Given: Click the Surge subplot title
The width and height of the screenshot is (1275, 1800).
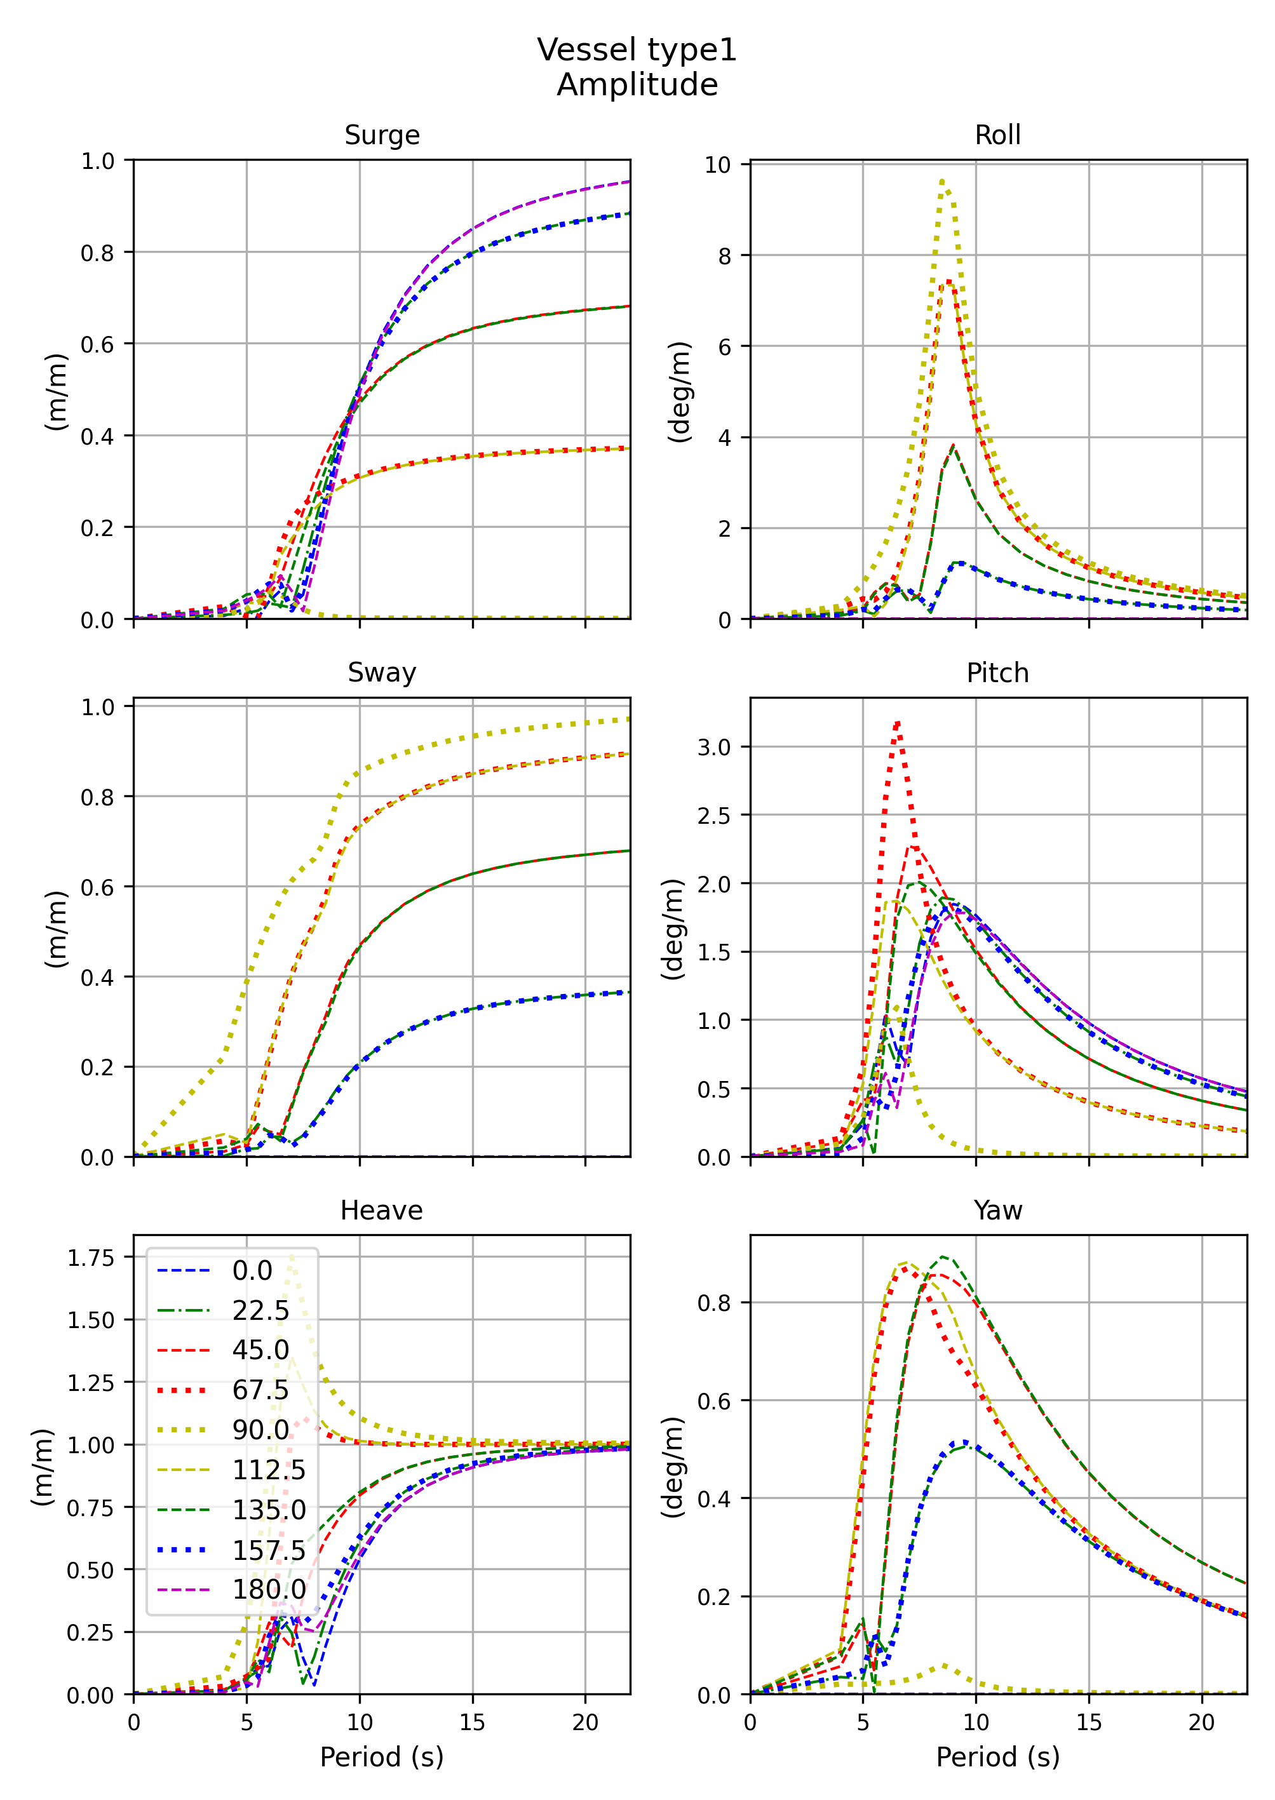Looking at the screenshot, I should [382, 135].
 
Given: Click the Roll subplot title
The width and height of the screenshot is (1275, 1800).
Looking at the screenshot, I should [997, 135].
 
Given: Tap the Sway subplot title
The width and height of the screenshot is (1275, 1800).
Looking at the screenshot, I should [382, 673].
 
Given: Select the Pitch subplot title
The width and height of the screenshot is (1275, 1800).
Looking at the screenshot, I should [997, 673].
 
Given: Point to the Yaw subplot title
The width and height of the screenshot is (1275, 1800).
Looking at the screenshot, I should [997, 1211].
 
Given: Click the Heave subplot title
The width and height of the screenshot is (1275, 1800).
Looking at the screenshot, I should [382, 1211].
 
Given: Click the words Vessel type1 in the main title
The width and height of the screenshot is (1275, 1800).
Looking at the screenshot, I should [637, 50].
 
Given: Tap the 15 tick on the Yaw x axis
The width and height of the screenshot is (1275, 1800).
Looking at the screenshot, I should [1088, 1723].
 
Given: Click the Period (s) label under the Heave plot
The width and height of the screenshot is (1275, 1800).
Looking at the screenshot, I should [382, 1757].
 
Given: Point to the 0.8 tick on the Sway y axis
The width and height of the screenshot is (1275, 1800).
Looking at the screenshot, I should [97, 798].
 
